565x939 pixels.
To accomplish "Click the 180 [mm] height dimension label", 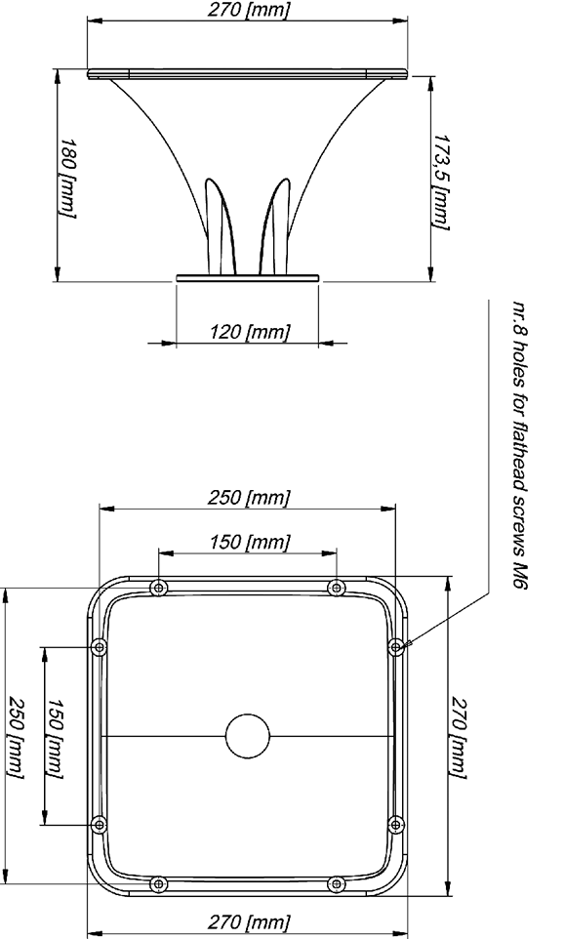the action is point(67,178).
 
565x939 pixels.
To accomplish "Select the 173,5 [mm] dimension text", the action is point(442,182).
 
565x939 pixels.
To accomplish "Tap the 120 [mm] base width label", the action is point(250,332).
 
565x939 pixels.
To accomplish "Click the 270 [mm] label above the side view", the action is point(249,10).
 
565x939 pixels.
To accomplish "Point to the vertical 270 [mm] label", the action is point(459,737).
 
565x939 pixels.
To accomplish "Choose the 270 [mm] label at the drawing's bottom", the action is point(249,922).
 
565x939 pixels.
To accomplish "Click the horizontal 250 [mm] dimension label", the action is point(249,498).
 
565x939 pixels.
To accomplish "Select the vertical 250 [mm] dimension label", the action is point(16,738).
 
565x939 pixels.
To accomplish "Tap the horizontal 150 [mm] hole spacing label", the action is point(250,543).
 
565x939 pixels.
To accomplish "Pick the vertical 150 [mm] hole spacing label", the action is point(55,738).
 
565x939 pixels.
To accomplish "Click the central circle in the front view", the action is point(247,736).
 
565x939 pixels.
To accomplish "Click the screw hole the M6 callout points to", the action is point(395,647).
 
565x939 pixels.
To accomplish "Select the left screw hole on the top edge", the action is point(158,588).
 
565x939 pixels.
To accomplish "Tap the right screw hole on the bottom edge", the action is point(337,884).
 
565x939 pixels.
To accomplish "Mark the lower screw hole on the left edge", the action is point(100,825).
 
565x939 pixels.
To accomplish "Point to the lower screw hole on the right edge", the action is point(395,825).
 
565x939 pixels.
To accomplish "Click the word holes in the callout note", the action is point(519,365).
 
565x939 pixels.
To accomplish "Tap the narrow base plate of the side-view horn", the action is point(248,278).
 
